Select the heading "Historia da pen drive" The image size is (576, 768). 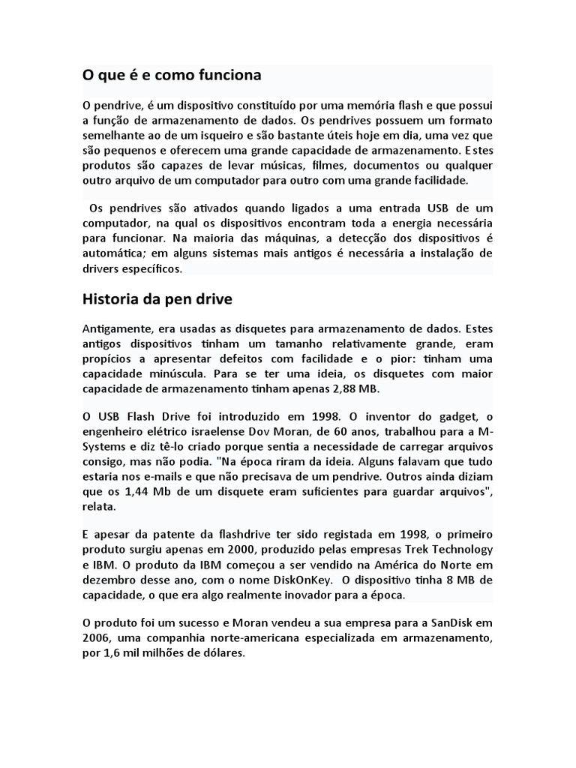point(157,299)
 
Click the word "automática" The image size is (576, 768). point(112,253)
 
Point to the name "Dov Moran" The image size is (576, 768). point(310,432)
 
